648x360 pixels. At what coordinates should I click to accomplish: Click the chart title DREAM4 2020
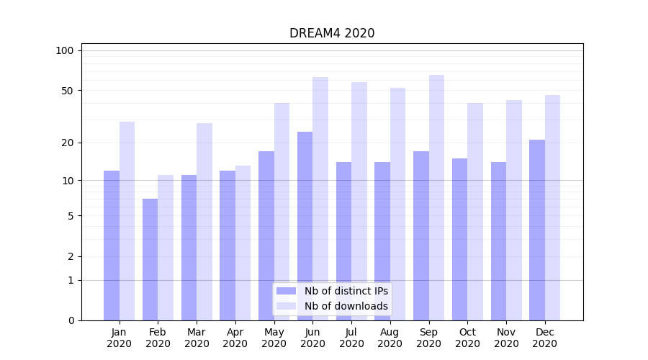(x=332, y=33)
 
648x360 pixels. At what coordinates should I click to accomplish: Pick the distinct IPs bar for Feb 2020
(x=150, y=259)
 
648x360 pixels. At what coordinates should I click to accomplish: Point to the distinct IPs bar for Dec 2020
(x=537, y=230)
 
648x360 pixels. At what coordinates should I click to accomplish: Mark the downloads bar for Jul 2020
(x=359, y=201)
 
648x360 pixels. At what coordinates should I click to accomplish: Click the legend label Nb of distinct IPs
(x=346, y=291)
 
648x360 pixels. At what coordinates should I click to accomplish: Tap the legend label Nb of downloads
(x=346, y=306)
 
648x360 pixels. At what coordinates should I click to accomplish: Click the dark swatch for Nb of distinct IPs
(x=287, y=291)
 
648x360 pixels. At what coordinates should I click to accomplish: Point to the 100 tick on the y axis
(x=65, y=50)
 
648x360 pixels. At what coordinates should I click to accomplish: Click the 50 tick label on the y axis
(x=68, y=91)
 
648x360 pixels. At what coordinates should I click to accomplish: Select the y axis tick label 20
(x=68, y=143)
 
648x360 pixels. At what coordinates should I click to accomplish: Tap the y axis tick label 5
(x=71, y=216)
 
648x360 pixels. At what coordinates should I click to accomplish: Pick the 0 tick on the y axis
(x=71, y=320)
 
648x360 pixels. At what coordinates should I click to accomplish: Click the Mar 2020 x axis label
(x=197, y=338)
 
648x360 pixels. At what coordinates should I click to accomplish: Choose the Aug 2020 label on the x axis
(x=390, y=338)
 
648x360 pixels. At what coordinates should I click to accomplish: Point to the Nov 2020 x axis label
(x=506, y=338)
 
